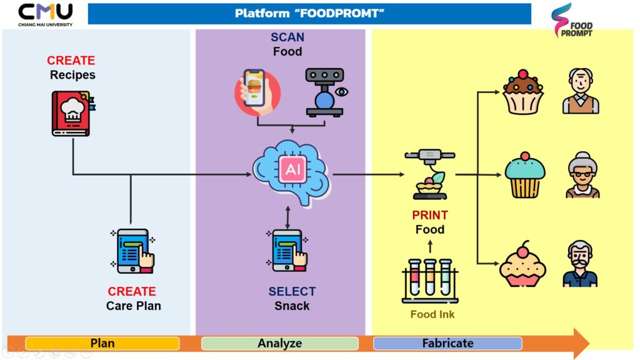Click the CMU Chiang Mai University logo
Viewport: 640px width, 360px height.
(45, 14)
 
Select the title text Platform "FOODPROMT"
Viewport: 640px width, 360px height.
(309, 13)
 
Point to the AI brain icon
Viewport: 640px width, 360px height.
(291, 171)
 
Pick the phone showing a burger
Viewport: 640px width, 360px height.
(257, 92)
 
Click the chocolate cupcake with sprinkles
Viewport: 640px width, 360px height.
(523, 92)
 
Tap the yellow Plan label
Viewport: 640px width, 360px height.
(102, 343)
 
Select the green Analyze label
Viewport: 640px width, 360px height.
(280, 343)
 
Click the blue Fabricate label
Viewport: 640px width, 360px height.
(447, 343)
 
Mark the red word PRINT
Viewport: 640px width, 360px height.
(430, 215)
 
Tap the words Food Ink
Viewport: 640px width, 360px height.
(432, 314)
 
